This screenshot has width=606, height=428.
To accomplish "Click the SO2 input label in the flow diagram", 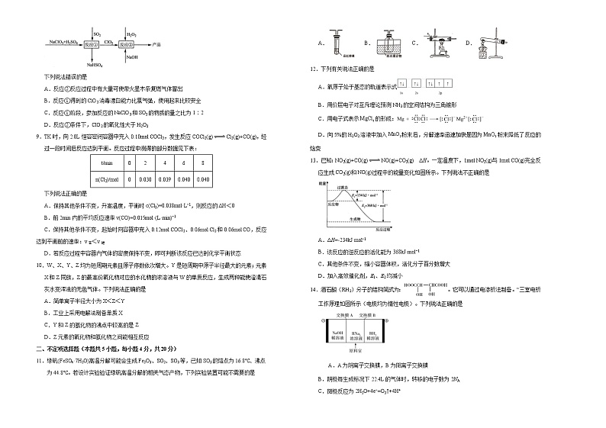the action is pyautogui.click(x=97, y=34).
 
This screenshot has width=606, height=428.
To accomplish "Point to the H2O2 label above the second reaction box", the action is pyautogui.click(x=131, y=34).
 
